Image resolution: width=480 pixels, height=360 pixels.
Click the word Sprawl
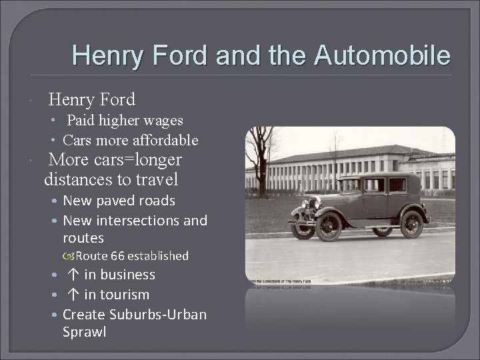tap(84, 331)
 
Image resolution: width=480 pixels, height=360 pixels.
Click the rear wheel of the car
tap(411, 223)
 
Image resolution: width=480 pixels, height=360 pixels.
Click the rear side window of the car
tap(397, 185)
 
